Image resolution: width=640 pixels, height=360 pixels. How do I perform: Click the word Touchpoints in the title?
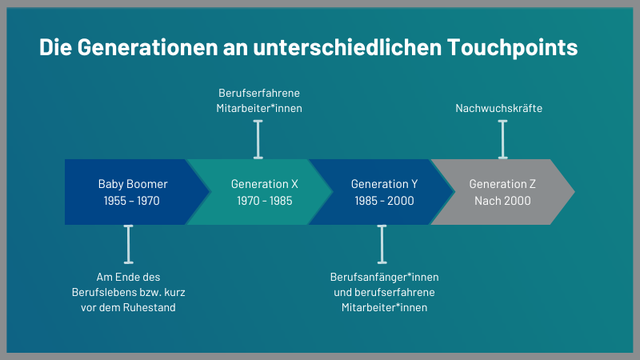point(512,47)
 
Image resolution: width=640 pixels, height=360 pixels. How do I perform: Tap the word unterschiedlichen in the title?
point(347,47)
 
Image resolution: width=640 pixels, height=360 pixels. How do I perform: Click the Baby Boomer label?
point(133,184)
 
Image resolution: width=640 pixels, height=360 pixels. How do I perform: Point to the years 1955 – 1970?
point(131,201)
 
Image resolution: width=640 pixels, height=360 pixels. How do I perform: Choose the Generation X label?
point(265,184)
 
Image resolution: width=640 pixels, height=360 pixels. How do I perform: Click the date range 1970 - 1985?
point(265,201)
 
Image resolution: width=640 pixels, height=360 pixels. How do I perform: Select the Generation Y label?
point(384,184)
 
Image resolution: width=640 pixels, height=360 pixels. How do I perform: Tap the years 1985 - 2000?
point(384,201)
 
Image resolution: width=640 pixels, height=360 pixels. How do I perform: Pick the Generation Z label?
point(502,184)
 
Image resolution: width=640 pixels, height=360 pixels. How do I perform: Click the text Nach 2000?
point(502,201)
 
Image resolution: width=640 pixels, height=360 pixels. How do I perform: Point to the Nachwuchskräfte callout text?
point(498,108)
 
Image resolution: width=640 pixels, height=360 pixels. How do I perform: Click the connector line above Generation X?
point(258,139)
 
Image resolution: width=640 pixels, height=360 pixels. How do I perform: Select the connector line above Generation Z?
point(503,139)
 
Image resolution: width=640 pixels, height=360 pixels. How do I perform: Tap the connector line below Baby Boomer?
point(129,244)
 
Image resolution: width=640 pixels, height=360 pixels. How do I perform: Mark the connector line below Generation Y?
point(382,244)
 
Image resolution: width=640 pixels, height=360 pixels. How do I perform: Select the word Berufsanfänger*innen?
point(385,277)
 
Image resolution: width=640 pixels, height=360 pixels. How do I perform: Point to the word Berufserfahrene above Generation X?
point(259,93)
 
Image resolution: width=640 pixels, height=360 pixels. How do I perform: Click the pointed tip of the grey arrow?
point(574,192)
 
